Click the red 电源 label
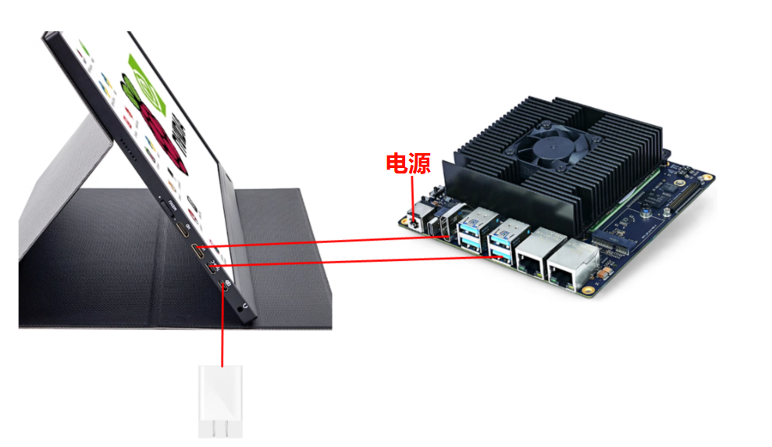pos(408,163)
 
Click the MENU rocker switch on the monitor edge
pos(167,206)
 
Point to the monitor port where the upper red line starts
pos(198,252)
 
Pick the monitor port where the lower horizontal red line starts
pos(212,269)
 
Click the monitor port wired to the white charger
pos(223,287)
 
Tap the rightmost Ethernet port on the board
pos(571,267)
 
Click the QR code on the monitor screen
pos(179,133)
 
